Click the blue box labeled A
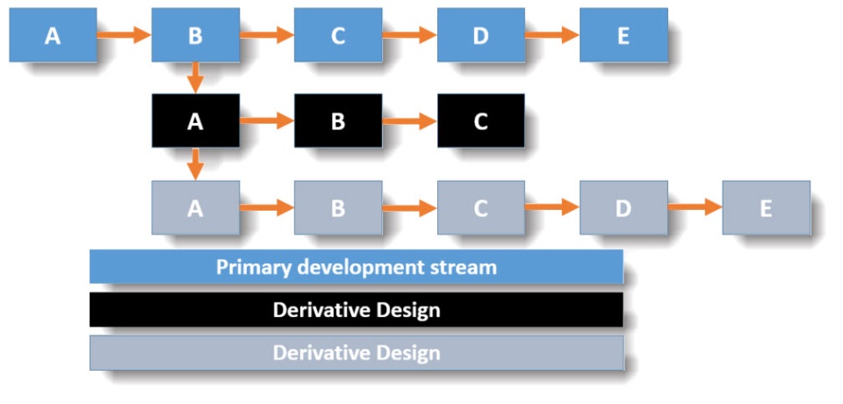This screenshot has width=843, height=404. point(53,35)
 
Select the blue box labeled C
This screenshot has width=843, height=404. point(338,35)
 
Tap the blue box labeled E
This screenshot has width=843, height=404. point(623,35)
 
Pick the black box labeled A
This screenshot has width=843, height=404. point(195,121)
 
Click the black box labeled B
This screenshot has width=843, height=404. point(338,121)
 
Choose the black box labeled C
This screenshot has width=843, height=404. point(480,121)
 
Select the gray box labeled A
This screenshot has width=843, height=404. point(195,207)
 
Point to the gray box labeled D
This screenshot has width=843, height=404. point(623,207)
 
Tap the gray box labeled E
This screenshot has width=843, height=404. point(766,207)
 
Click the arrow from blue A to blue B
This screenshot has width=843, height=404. point(124,35)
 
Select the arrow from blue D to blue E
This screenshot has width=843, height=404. point(552,35)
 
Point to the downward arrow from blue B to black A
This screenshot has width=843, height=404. point(195,78)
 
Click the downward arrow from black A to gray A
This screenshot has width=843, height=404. point(195,164)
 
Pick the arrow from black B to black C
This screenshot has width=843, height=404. point(409,121)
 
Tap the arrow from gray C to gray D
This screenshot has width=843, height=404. point(552,207)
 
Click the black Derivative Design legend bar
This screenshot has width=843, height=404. point(357,309)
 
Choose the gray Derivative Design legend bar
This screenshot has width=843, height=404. point(357,353)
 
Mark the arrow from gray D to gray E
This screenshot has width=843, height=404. point(695,207)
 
